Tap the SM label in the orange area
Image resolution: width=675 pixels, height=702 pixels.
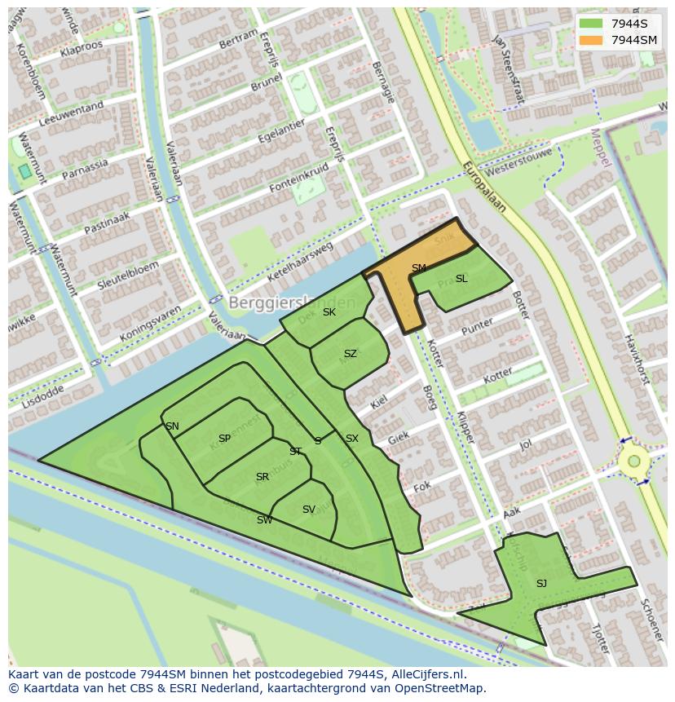[418, 268]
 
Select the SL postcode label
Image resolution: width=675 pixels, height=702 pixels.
[461, 279]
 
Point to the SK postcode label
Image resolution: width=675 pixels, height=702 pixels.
[329, 312]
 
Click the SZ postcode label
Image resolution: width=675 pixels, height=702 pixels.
[350, 354]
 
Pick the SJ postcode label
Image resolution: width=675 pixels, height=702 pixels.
[541, 583]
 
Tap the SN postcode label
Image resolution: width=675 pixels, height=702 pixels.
[172, 426]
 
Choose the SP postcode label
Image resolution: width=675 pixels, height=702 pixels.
[224, 439]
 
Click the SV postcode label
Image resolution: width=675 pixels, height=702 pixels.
[308, 510]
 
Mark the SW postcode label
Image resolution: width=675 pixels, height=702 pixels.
[264, 520]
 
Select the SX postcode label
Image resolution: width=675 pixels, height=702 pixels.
[351, 439]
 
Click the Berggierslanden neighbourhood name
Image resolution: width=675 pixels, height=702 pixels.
[292, 302]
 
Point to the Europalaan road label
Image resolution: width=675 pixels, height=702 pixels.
[484, 186]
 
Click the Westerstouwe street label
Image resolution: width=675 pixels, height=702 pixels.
[518, 162]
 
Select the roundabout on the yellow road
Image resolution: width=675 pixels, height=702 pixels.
[633, 461]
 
